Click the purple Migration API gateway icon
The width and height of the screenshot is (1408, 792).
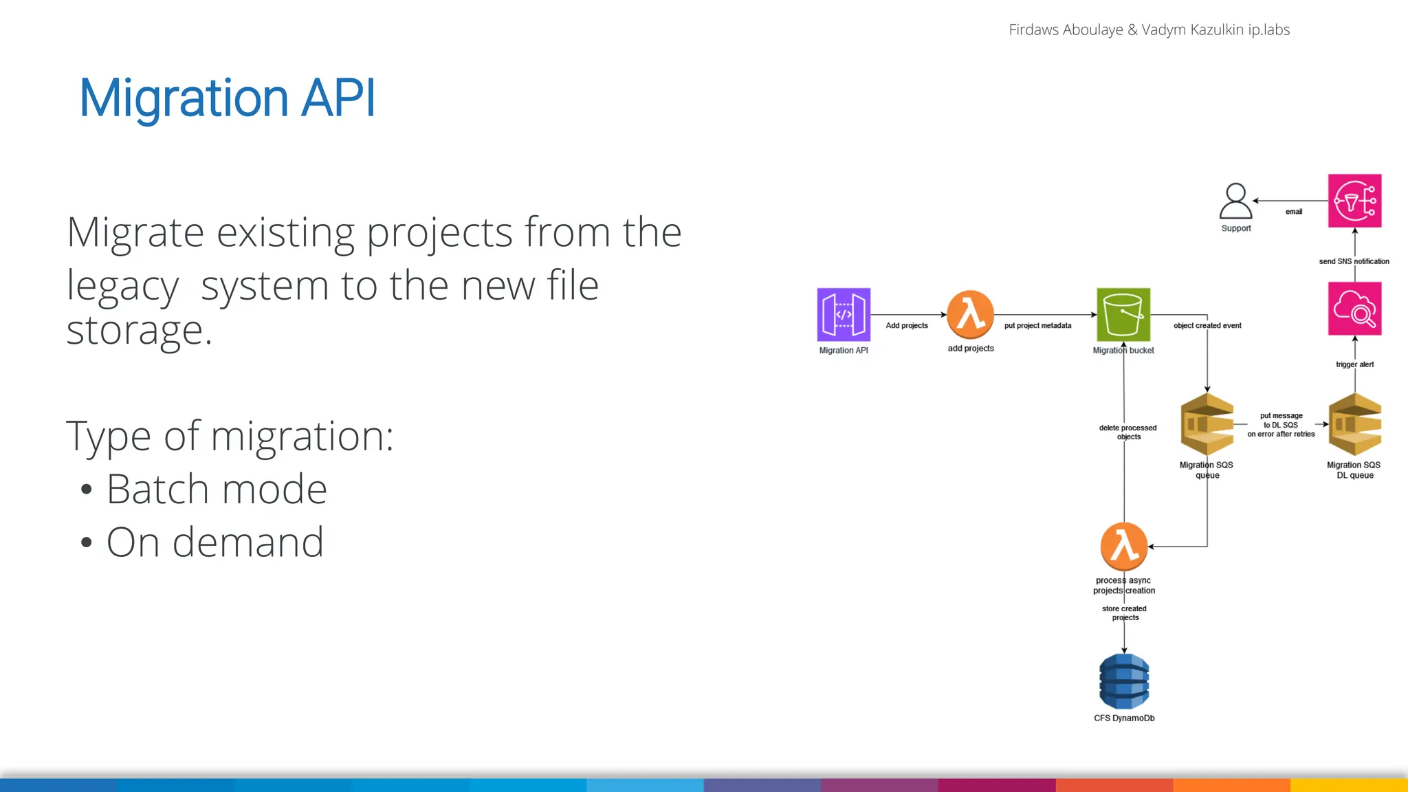[x=844, y=314]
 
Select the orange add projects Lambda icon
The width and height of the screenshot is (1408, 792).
[x=970, y=314]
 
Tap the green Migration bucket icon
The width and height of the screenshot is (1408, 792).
[x=1123, y=314]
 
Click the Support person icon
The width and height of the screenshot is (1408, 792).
[x=1235, y=201]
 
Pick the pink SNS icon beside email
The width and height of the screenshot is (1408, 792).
[x=1354, y=201]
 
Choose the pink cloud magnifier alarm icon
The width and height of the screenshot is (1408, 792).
[x=1354, y=309]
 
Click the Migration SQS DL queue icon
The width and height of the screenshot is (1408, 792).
[x=1354, y=424]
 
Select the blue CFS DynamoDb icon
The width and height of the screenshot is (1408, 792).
[x=1124, y=681]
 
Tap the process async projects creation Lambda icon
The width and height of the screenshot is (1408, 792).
[x=1124, y=547]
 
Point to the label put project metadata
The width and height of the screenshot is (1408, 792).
[x=1037, y=326]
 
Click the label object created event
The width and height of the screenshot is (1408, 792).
[x=1207, y=326]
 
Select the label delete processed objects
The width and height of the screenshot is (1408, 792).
[x=1127, y=432]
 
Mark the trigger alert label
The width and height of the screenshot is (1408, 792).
[x=1354, y=364]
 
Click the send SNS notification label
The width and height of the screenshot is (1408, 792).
[x=1354, y=261]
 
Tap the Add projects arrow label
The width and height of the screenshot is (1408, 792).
[x=906, y=326]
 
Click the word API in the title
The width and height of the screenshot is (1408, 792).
[x=338, y=98]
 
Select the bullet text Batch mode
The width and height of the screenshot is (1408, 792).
[x=217, y=489]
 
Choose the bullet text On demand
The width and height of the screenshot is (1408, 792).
[x=215, y=542]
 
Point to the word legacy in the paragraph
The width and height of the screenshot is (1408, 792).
[x=122, y=286]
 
